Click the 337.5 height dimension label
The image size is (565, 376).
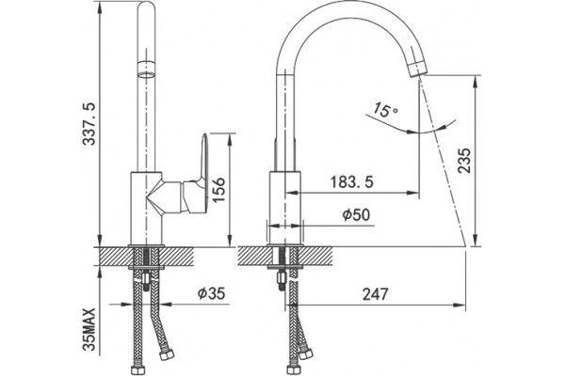89,123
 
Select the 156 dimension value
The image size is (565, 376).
218,190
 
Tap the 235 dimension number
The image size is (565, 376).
464,161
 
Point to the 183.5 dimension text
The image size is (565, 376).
351,182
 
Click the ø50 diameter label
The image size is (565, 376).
356,215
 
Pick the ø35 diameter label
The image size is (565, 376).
211,293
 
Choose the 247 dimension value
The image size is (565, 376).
376,294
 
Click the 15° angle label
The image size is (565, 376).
384,110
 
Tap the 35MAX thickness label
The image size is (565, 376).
89,329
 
